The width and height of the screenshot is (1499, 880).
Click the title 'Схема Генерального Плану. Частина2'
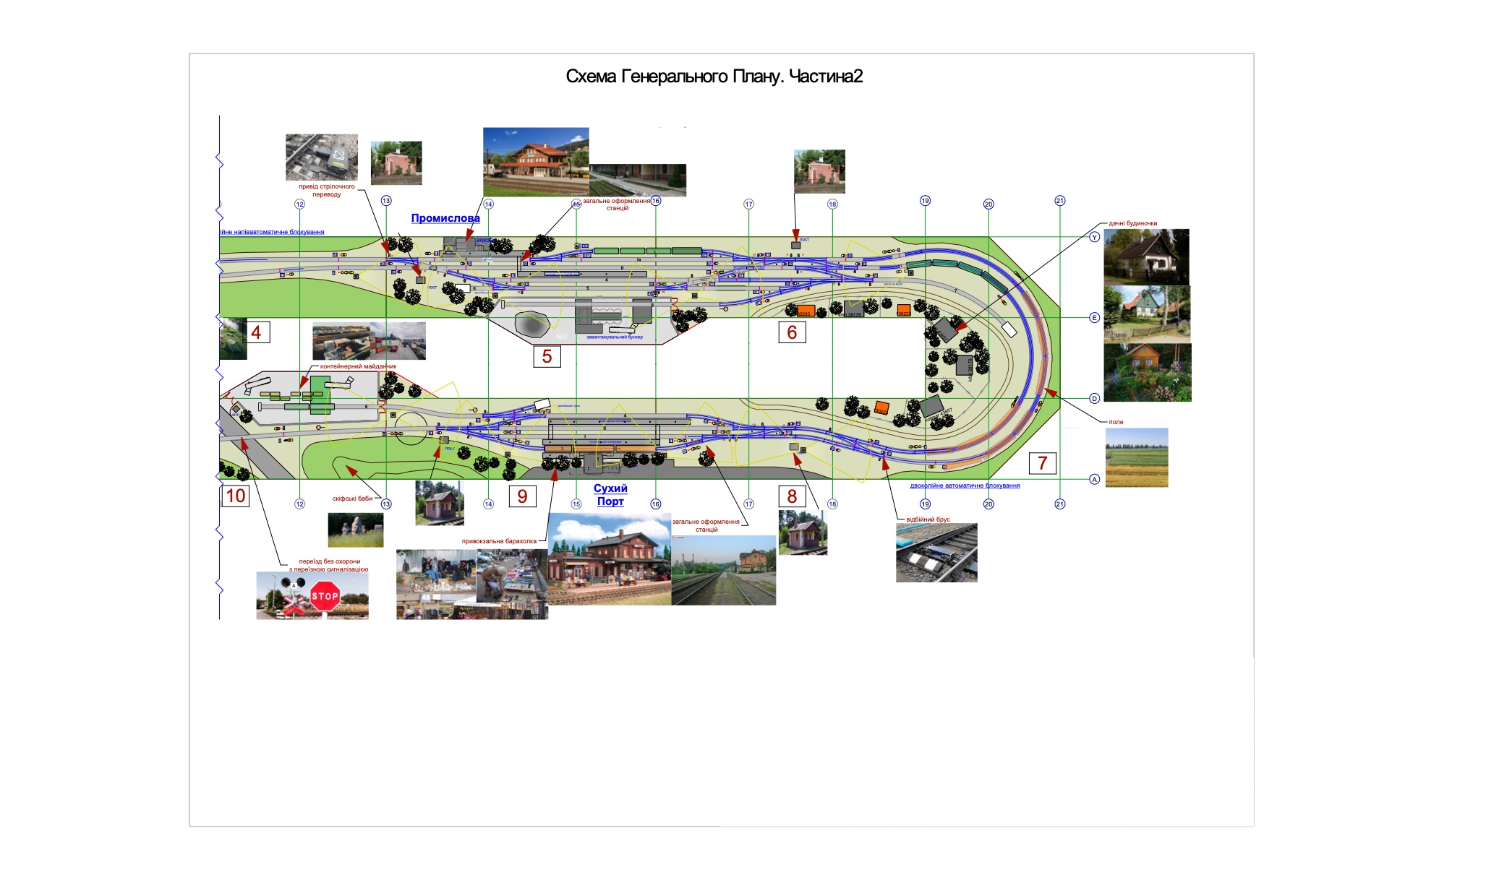[x=714, y=77]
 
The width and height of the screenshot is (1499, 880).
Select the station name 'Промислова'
[x=445, y=218]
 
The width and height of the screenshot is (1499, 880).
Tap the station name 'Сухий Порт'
[x=610, y=495]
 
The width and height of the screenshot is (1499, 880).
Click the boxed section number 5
[x=547, y=356]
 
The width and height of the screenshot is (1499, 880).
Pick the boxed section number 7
[x=1042, y=463]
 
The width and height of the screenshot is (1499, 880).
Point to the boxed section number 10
[x=236, y=496]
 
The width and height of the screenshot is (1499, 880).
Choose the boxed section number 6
[x=792, y=332]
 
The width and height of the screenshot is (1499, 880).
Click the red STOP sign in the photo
[x=325, y=597]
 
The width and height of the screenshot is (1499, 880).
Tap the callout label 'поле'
[x=1116, y=422]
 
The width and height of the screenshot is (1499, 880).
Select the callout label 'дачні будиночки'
[x=1132, y=223]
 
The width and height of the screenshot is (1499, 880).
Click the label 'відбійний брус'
[x=928, y=519]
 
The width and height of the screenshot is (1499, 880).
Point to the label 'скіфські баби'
[x=352, y=499]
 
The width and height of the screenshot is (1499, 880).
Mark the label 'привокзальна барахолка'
[x=499, y=541]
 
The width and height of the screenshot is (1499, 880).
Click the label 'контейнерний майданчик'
[x=358, y=366]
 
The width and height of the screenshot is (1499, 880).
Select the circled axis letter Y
[x=1094, y=237]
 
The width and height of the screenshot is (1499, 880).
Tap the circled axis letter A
[x=1094, y=479]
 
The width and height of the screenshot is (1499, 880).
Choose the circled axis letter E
[x=1094, y=318]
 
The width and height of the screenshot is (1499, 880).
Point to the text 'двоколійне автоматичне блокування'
[x=965, y=486]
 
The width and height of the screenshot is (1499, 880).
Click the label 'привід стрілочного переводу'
[x=327, y=190]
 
